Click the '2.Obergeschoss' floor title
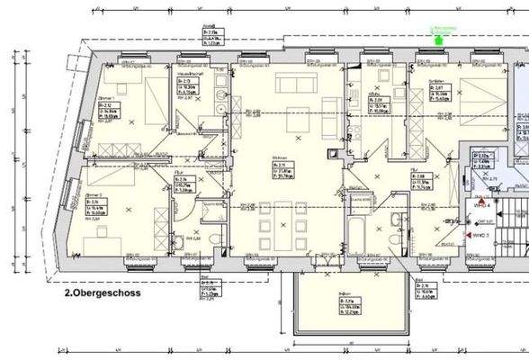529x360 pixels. [103, 292]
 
